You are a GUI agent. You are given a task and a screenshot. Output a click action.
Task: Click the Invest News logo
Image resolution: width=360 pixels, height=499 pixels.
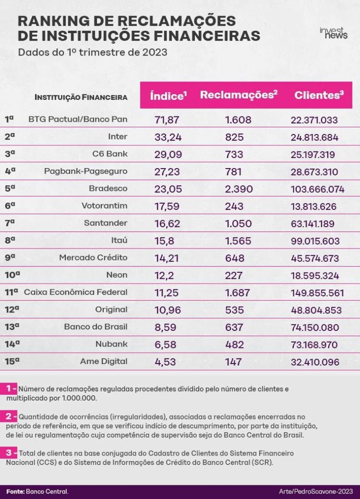(x=333, y=33)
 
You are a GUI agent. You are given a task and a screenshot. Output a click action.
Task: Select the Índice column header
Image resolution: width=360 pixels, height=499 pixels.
(x=168, y=96)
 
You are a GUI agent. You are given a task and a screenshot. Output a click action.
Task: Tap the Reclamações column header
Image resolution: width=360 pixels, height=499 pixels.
(x=239, y=95)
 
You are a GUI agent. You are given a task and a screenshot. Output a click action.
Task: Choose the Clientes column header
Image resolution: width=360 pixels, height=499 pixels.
(x=319, y=95)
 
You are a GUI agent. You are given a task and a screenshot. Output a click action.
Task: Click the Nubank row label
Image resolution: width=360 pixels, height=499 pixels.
(x=111, y=344)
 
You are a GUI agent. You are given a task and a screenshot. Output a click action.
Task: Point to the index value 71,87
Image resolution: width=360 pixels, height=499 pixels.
(x=167, y=120)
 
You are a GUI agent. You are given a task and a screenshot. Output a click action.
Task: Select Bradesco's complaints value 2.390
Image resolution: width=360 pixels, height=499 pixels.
(x=239, y=189)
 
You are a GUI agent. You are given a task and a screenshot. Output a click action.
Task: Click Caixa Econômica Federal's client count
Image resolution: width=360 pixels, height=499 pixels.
(x=318, y=293)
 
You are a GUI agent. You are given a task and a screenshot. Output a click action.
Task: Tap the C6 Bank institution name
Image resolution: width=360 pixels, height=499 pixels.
(x=110, y=154)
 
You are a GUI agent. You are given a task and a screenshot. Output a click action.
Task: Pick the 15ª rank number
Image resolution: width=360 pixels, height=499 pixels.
(x=12, y=361)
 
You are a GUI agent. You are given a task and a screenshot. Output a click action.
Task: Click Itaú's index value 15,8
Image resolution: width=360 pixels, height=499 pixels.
(x=165, y=241)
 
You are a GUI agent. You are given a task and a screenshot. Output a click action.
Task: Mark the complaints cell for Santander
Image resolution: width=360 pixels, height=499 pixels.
(x=238, y=224)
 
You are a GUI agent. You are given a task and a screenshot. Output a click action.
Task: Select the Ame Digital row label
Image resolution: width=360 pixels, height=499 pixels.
(x=104, y=362)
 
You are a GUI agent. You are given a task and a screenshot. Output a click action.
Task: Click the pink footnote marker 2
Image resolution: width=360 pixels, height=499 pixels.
(x=12, y=416)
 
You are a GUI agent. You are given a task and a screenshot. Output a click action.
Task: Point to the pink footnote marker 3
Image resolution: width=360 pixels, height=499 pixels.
(x=12, y=453)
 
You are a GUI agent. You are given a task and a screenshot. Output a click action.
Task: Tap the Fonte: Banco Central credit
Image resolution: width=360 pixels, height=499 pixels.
(x=37, y=491)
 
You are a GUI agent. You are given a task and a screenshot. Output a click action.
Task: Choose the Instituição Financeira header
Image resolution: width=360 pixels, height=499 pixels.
(x=81, y=97)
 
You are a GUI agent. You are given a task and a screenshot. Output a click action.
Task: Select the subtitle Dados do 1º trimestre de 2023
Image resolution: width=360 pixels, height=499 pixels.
(x=93, y=52)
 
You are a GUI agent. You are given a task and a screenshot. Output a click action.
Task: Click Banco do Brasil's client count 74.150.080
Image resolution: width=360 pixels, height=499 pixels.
(x=315, y=327)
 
